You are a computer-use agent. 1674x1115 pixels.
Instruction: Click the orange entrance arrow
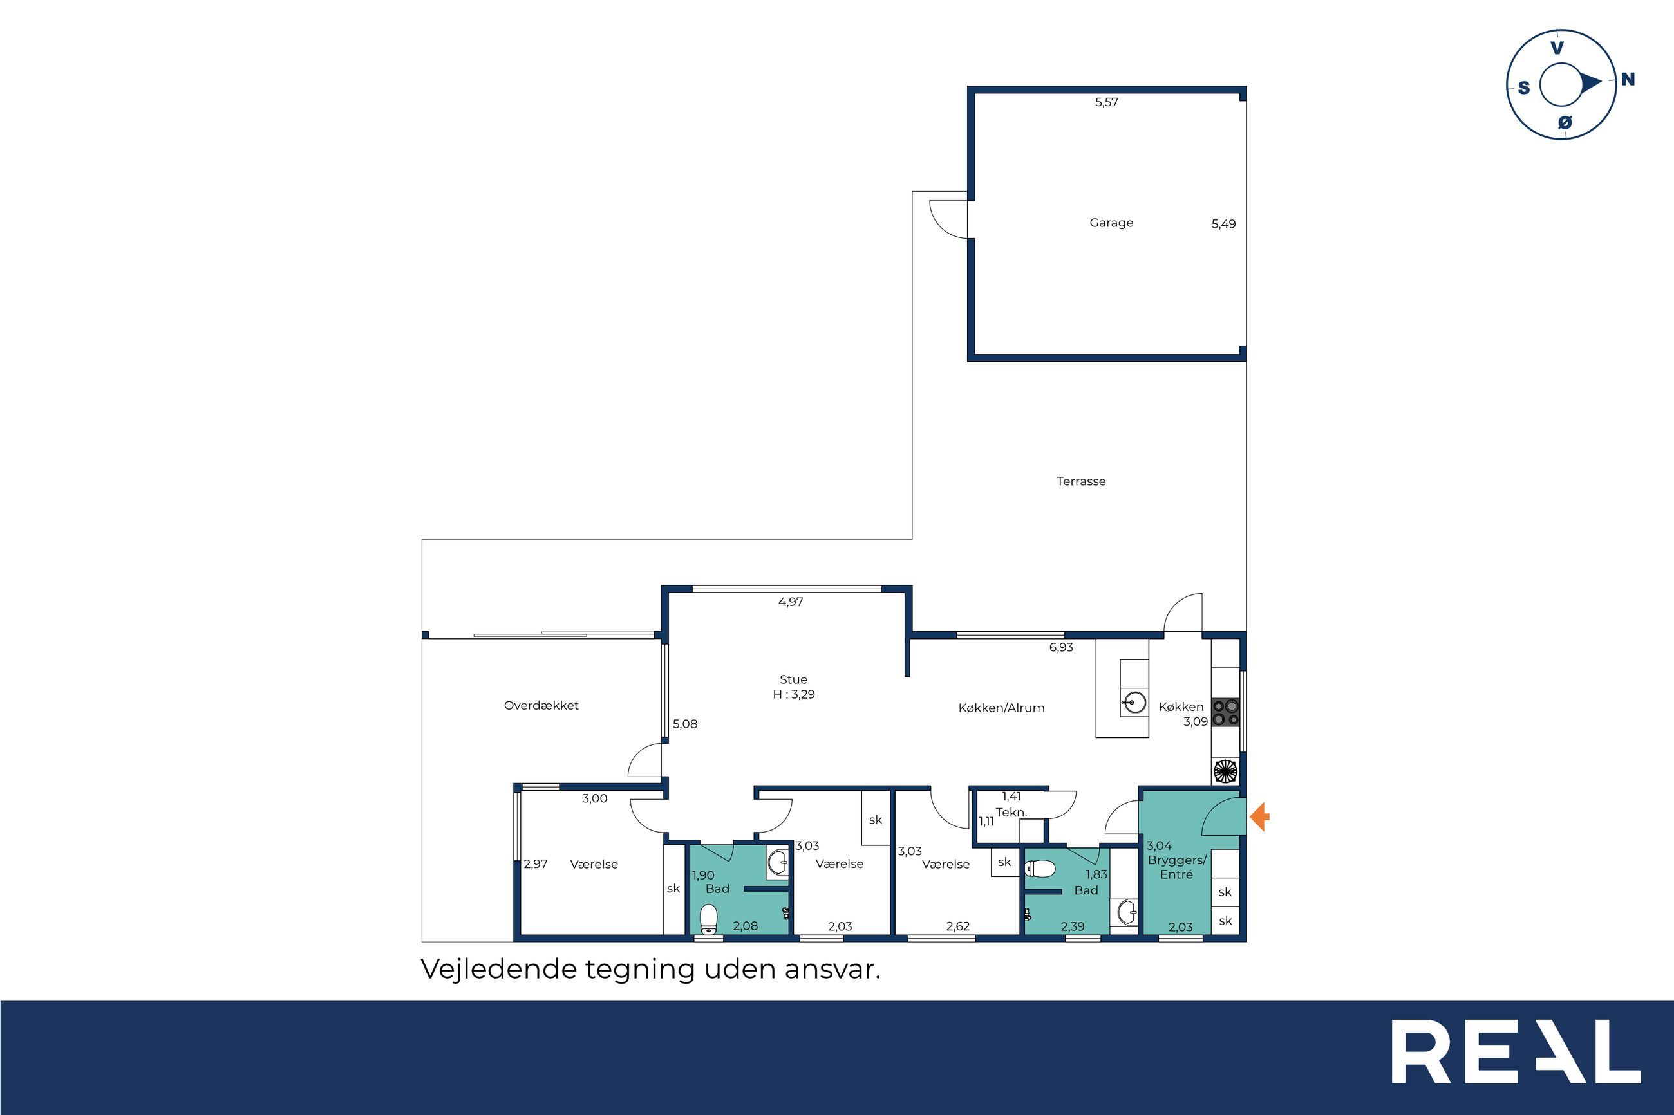[x=1259, y=816]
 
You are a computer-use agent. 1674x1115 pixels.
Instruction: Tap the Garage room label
[x=1111, y=223]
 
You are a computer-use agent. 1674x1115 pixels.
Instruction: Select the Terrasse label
[x=1080, y=481]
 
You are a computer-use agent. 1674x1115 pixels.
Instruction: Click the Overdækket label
[x=541, y=705]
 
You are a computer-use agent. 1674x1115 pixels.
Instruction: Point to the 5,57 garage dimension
[x=1106, y=102]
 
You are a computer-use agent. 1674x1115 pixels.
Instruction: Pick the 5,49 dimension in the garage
[x=1224, y=224]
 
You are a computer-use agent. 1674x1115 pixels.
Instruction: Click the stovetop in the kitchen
[x=1226, y=712]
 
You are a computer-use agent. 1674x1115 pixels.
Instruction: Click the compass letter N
[x=1628, y=80]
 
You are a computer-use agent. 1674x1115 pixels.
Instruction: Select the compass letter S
[x=1524, y=88]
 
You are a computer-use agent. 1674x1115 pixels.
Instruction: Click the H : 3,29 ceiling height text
[x=794, y=695]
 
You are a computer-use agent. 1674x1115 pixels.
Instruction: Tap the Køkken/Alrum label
[x=1001, y=708]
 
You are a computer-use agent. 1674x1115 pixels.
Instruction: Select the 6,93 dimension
[x=1061, y=648]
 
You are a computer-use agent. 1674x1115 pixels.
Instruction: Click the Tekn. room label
[x=1011, y=812]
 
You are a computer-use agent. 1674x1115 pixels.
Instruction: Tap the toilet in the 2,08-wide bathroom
[x=708, y=919]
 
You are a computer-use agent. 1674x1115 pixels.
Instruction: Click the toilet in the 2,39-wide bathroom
[x=1039, y=868]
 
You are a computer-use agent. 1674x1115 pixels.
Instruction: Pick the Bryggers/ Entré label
[x=1177, y=867]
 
